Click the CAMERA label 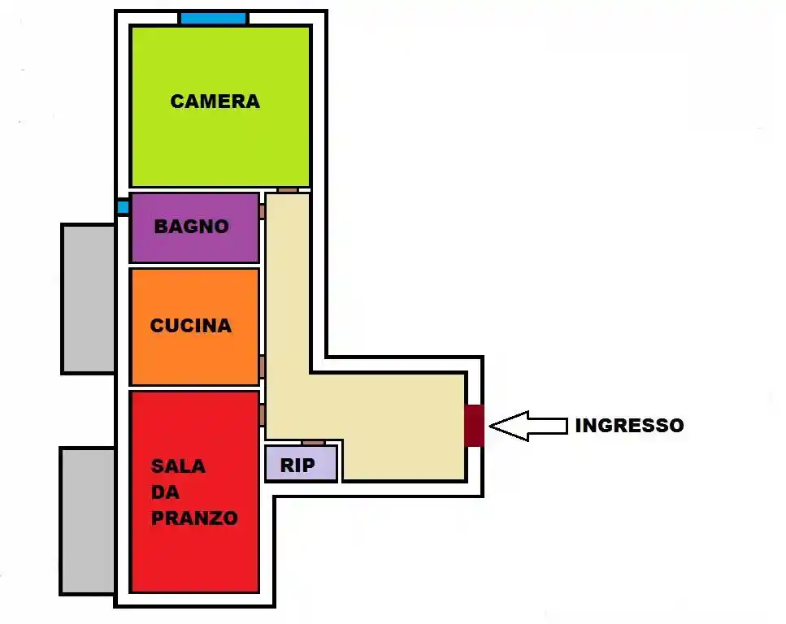(x=215, y=102)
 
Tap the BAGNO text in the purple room (x=192, y=227)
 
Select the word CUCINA (x=191, y=326)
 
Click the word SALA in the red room (x=178, y=466)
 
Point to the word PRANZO (x=194, y=518)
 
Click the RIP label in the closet (x=297, y=466)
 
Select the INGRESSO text (x=629, y=425)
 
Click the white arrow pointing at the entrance (x=528, y=426)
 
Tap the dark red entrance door (x=475, y=426)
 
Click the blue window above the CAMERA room (x=213, y=19)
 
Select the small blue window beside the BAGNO (x=123, y=207)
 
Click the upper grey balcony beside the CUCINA (x=89, y=298)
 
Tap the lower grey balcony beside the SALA (x=87, y=520)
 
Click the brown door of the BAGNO (x=263, y=211)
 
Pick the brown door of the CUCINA (x=263, y=366)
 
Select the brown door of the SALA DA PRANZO (x=263, y=415)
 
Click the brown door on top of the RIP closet (x=313, y=443)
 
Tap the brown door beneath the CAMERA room (x=288, y=190)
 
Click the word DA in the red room (x=164, y=492)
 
